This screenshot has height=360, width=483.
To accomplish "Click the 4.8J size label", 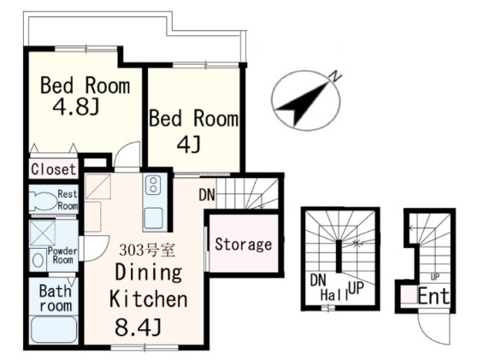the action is (76, 107).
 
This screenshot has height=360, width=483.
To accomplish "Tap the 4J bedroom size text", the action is (189, 145).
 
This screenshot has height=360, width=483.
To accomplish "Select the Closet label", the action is (53, 169).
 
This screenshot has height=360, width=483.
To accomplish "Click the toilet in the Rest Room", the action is (44, 201).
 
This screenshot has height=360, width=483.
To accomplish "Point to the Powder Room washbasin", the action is (38, 261).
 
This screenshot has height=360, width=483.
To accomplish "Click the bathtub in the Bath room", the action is (54, 329).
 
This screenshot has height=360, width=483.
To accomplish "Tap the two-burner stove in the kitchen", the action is (151, 185).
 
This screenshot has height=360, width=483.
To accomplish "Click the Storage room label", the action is (244, 245).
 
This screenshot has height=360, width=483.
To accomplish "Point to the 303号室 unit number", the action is (147, 250).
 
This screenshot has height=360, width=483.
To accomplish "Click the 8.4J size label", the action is (138, 328).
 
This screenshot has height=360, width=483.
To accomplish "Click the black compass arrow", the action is (303, 103).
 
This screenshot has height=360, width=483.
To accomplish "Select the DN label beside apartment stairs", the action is (207, 195).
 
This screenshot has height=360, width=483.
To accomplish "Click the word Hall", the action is (334, 295).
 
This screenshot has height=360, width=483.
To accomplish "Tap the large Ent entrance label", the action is (433, 296).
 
